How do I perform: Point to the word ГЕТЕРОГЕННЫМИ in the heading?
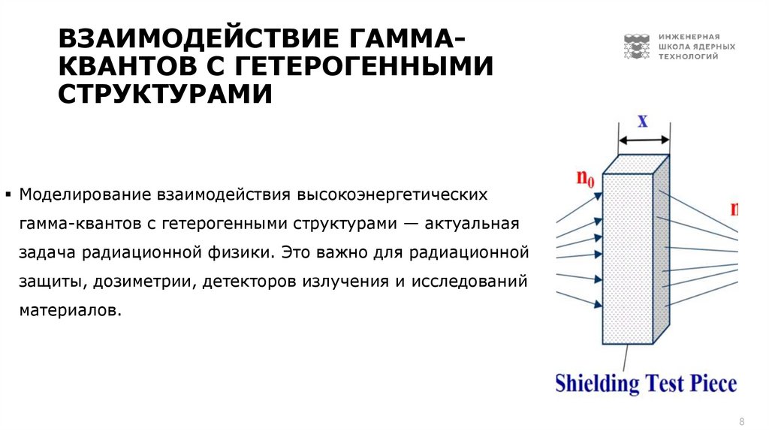coord(364,67)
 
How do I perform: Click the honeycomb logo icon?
coord(636,47)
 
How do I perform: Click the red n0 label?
coord(585,179)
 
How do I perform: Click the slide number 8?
coord(742,420)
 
